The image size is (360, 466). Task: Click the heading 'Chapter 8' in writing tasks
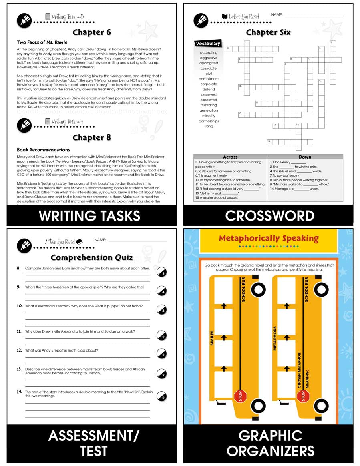click(92, 137)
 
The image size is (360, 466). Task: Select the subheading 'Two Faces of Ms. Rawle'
click(42, 42)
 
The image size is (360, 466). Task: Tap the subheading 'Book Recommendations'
click(43, 150)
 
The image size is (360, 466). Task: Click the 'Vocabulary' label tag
click(208, 44)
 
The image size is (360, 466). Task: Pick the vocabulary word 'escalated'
click(209, 100)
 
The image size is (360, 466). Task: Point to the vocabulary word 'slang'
click(209, 126)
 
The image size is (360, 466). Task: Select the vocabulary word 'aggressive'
click(209, 58)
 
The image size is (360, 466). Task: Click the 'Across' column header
click(230, 157)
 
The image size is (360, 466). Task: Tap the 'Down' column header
click(305, 157)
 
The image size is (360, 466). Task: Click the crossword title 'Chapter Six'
click(268, 32)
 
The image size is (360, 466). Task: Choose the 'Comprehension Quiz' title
click(92, 257)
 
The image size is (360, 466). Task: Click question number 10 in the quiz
click(19, 306)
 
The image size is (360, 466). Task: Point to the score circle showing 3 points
click(161, 309)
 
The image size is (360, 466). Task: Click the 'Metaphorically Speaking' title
click(268, 239)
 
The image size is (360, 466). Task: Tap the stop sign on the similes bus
click(240, 396)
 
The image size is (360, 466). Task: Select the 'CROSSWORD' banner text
click(269, 216)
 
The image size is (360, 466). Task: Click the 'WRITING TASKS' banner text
click(90, 216)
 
